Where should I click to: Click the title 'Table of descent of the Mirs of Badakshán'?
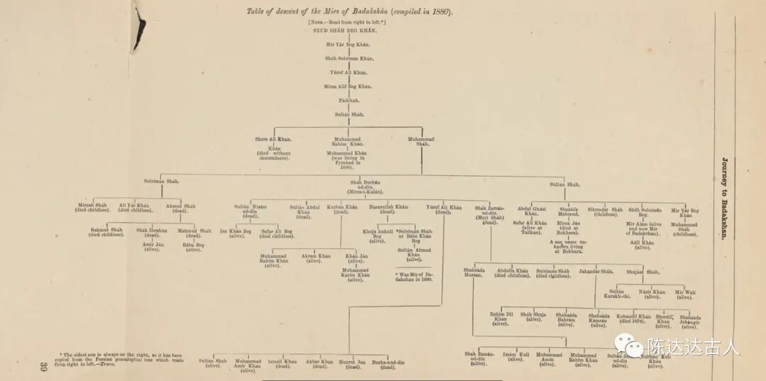pos(350,12)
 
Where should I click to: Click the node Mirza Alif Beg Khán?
pos(348,86)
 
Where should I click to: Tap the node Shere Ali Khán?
pos(273,139)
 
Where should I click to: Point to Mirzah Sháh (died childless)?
pos(93,207)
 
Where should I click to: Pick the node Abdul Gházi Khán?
pos(532,211)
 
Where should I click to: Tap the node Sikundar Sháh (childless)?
pos(605,211)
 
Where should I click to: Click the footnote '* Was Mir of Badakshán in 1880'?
pos(413,276)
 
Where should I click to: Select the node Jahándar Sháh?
pos(596,271)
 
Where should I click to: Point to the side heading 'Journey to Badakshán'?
pos(725,198)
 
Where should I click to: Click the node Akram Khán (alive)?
pos(316,258)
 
